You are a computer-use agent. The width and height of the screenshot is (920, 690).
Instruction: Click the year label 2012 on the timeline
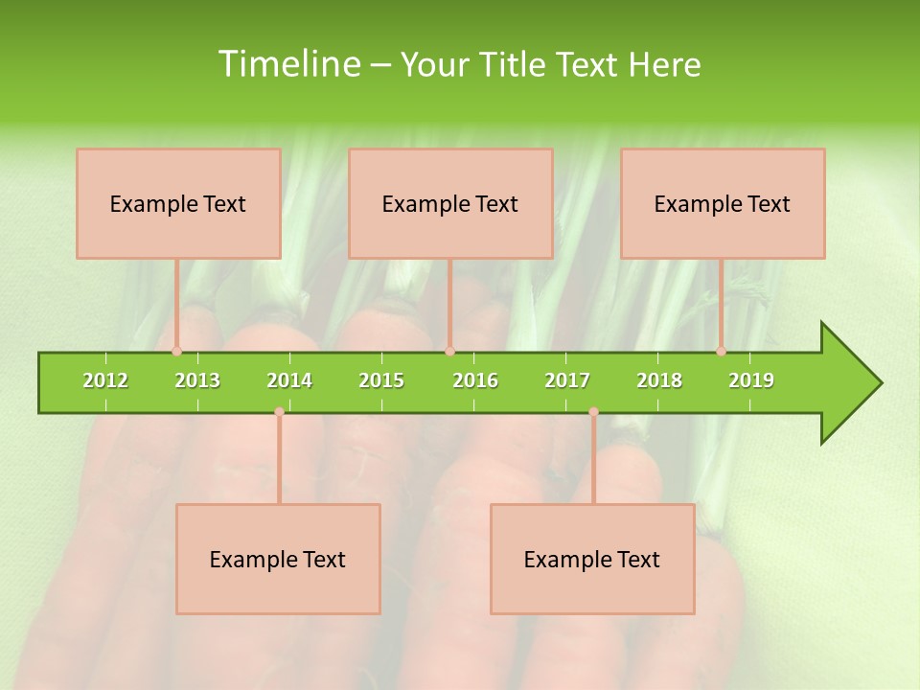coord(105,380)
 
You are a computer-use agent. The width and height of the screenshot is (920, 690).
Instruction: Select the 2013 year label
coord(197,380)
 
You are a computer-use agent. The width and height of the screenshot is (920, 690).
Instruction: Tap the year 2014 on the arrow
coord(289,380)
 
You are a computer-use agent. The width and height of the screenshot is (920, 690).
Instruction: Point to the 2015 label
coord(381,380)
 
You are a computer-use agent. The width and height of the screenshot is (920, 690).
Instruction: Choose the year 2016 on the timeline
coord(475,380)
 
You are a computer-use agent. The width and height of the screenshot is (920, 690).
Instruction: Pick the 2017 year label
coord(567,380)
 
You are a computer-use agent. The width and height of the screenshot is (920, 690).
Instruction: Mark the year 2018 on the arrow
coord(659,380)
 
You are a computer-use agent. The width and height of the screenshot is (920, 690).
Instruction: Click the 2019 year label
coord(751,380)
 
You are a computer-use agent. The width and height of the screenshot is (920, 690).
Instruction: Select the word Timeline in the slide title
coord(287,64)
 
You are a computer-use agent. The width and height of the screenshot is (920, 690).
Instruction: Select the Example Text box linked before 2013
coord(178,203)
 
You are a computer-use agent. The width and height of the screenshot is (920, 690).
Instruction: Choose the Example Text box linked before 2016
coord(450,203)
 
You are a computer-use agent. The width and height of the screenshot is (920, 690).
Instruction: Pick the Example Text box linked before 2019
coord(723,203)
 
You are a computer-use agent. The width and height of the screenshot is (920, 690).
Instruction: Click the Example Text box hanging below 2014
coord(278,559)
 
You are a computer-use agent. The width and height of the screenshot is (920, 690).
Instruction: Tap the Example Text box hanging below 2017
coord(592,559)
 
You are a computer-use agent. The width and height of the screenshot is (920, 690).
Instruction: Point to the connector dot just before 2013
coord(176,352)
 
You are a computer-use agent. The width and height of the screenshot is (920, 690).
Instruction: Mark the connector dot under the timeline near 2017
coord(593,412)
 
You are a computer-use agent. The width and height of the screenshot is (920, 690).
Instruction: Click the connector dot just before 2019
coord(721,352)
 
